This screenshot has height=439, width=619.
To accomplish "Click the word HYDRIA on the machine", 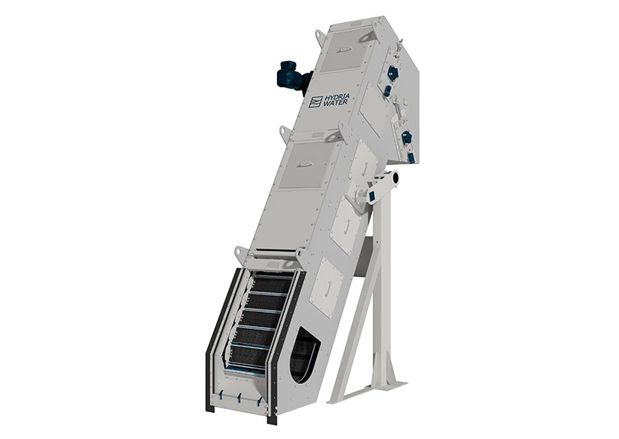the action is point(334,98).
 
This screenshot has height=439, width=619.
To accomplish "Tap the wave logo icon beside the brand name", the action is point(314,102).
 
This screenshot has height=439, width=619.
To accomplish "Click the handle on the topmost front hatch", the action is point(346,49).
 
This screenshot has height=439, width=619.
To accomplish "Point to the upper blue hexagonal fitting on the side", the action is point(393,71).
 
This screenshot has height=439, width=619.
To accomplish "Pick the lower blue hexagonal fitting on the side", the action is point(406,138).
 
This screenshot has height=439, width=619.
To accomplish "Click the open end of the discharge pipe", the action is point(394,177).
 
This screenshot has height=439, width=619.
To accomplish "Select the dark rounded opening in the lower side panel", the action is point(303,354).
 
